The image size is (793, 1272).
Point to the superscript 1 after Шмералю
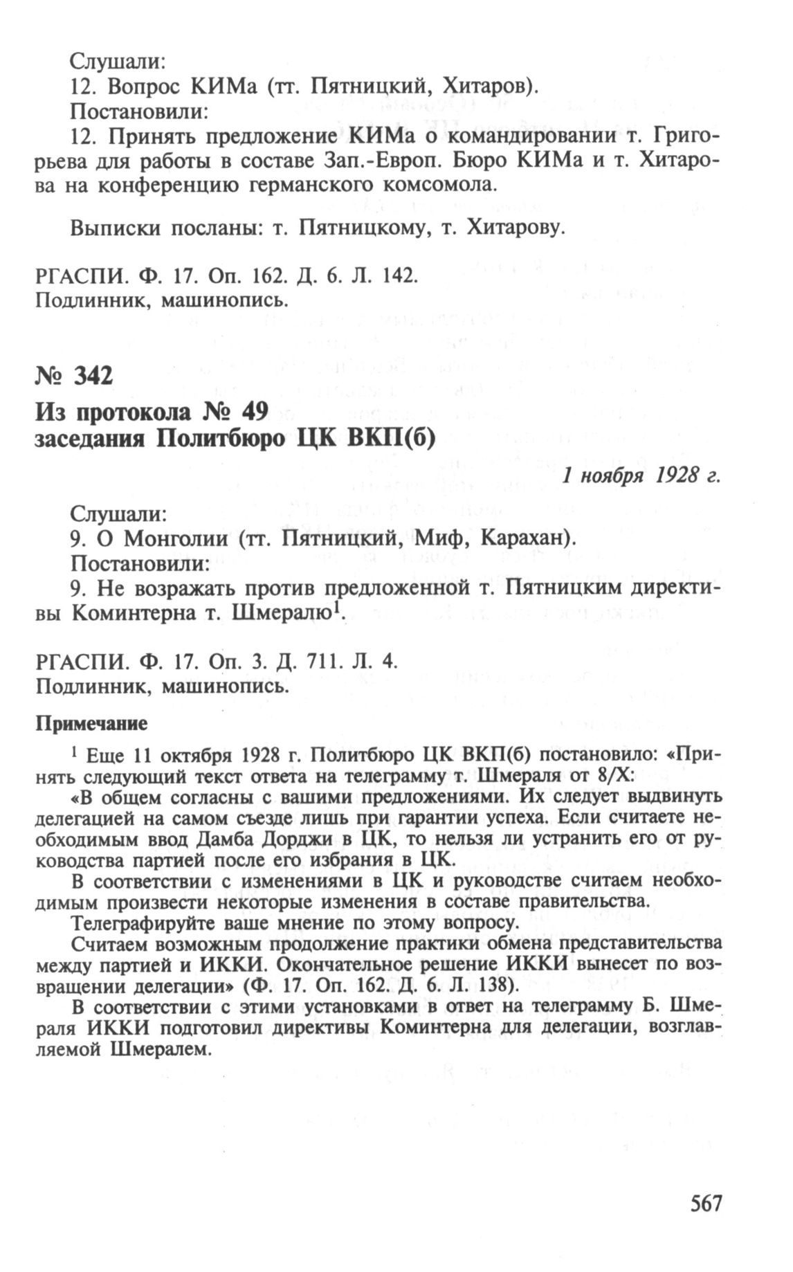(338, 607)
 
